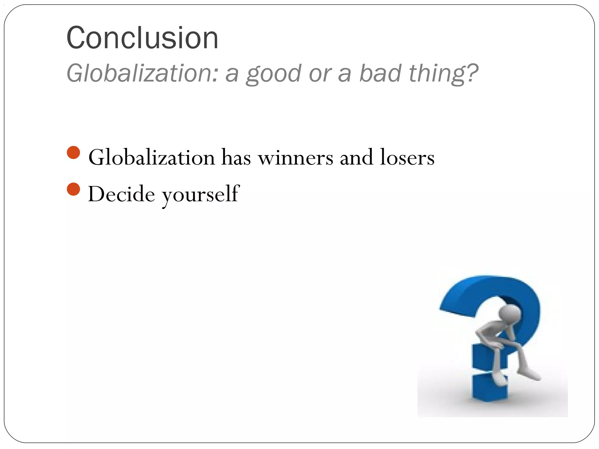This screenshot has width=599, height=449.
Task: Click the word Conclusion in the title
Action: tap(142, 38)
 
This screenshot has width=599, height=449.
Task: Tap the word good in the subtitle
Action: tap(273, 74)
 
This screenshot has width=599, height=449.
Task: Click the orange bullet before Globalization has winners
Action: tap(73, 153)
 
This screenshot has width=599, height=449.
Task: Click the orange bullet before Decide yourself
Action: tap(73, 189)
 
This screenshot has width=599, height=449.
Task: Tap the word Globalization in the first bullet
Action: tap(152, 158)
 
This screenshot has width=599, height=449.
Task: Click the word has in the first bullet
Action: tap(236, 158)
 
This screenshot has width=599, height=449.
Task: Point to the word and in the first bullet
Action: tap(356, 158)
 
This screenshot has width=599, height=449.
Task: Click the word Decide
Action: tap(121, 194)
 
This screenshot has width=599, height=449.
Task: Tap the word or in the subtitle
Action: tap(320, 74)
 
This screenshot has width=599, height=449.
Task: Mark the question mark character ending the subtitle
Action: tap(471, 73)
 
